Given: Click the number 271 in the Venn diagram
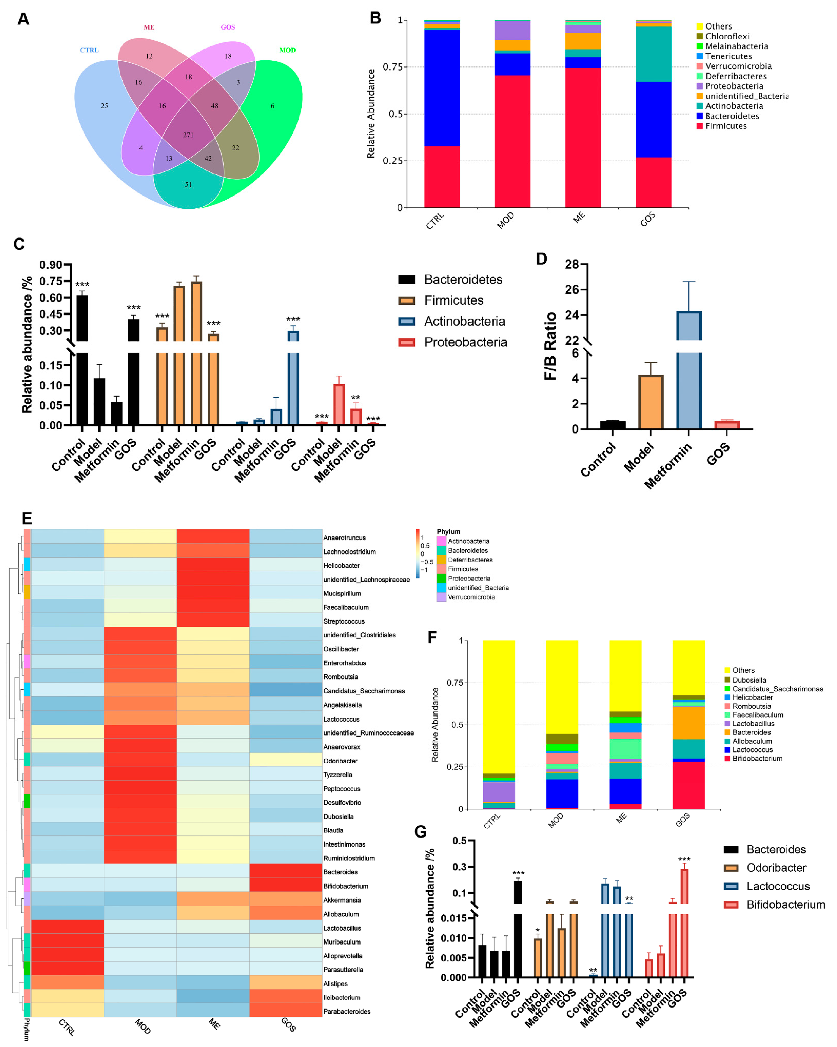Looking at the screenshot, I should tap(188, 135).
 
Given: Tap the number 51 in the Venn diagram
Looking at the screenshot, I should tap(188, 184).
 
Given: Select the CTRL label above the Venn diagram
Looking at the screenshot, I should tap(89, 50).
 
